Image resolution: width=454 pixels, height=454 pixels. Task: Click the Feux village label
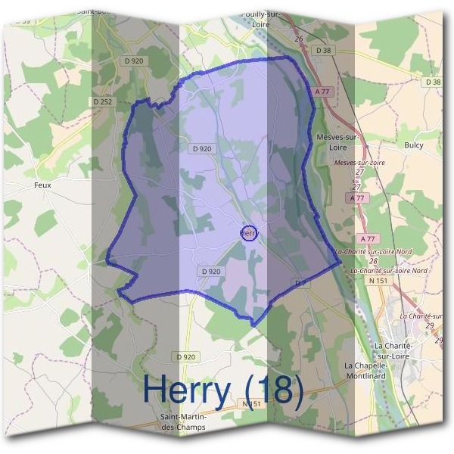coord(42,184)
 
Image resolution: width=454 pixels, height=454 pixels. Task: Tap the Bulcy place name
coord(414,145)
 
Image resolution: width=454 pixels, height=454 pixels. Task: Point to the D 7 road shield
coord(301,282)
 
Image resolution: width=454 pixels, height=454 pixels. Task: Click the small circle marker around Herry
coord(248,233)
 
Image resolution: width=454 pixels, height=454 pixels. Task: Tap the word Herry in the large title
coord(186,390)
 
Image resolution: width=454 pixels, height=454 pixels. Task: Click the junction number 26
coord(299,39)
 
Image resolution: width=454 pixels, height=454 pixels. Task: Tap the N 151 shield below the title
coord(253,405)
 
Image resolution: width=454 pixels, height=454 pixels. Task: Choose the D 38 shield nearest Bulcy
coord(433,81)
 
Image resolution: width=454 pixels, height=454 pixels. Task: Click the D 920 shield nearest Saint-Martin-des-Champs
coord(185,356)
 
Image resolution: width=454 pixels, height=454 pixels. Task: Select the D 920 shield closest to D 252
coord(133,61)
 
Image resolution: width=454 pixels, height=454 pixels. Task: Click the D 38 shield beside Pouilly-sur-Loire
coord(324,51)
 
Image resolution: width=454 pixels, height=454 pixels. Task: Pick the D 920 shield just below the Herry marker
coord(211,271)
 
